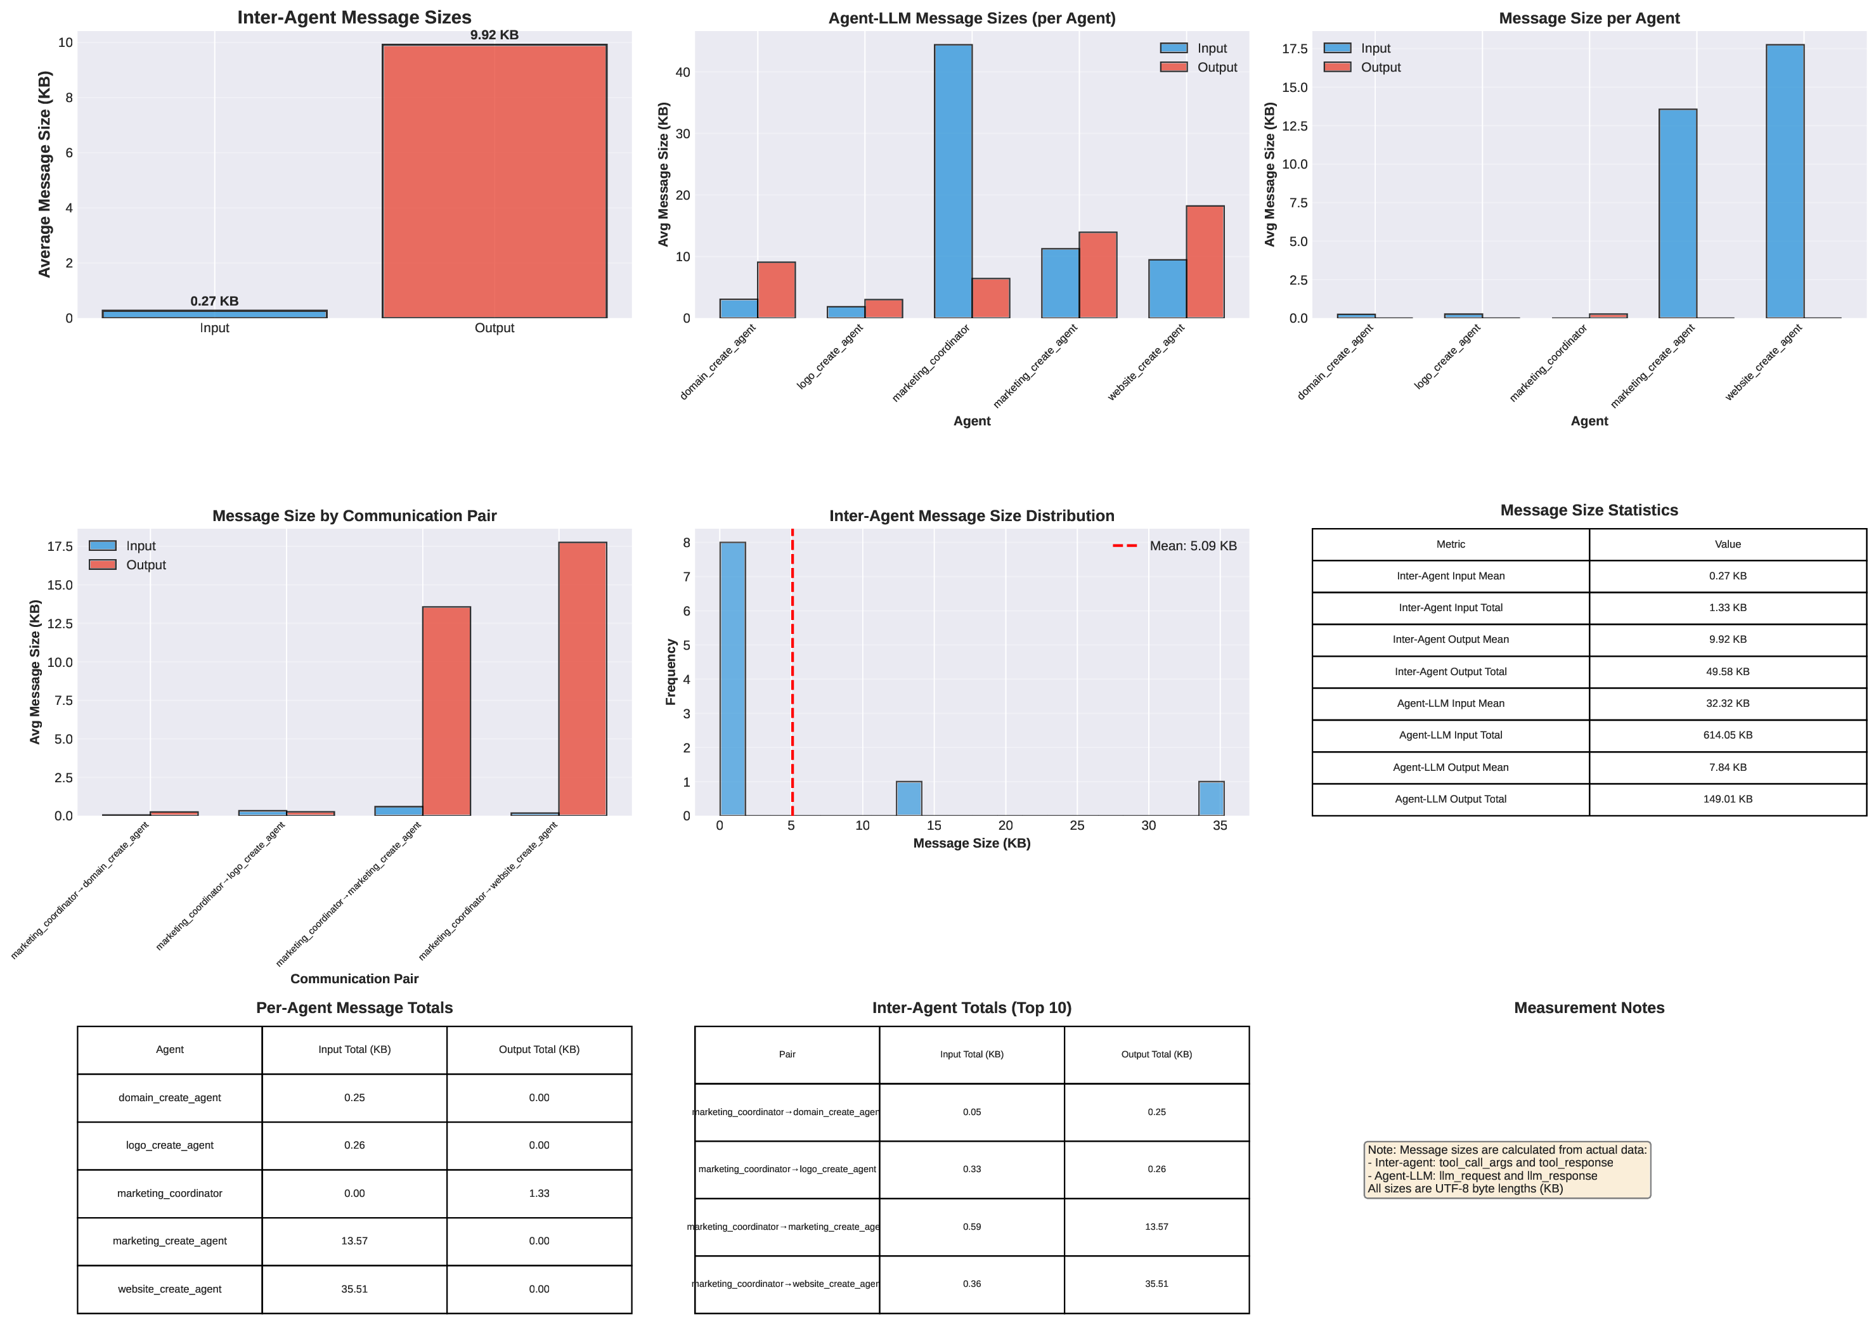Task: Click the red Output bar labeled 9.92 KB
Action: tap(495, 181)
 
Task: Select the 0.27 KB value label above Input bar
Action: tap(214, 302)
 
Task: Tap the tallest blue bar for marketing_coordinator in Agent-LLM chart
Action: tap(953, 181)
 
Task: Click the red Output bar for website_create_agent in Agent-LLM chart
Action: tap(1205, 262)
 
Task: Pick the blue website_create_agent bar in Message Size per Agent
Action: tap(1785, 181)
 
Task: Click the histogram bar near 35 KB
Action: tap(1211, 798)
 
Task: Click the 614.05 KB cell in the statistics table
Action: tap(1727, 735)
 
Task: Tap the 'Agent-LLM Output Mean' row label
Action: tap(1451, 767)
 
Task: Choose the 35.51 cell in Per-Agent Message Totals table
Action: tap(354, 1289)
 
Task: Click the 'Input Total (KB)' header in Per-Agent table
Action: tap(354, 1050)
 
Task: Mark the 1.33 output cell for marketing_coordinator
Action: tap(538, 1194)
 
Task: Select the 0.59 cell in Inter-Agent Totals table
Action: tap(971, 1227)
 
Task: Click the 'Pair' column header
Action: tap(787, 1055)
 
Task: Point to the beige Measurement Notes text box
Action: tap(1506, 1170)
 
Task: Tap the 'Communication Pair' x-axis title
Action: tap(354, 979)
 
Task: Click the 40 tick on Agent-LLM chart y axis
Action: tap(682, 73)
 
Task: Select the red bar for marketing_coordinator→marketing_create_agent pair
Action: tap(446, 711)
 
